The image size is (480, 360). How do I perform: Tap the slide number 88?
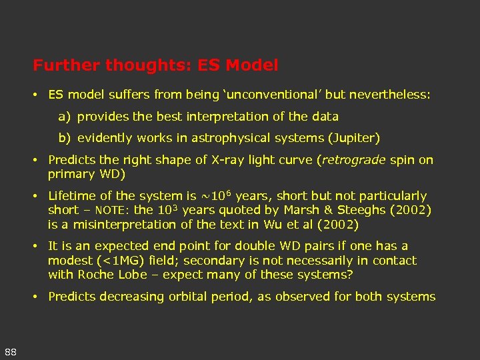coord(11,351)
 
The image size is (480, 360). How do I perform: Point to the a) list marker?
coord(64,117)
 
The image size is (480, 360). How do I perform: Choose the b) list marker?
coord(64,138)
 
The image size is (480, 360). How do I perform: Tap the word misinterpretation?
coord(122,225)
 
